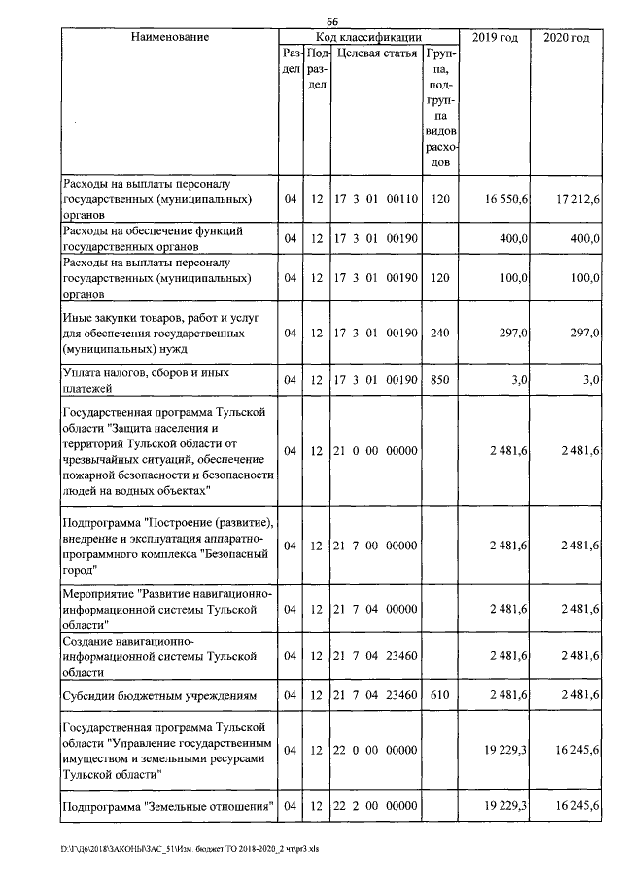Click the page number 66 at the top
[x=331, y=21]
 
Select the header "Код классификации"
[x=368, y=37]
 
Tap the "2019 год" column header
[x=495, y=37]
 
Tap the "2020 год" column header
[x=567, y=37]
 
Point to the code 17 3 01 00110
[x=376, y=199]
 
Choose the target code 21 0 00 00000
[x=376, y=451]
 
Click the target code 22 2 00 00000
[x=376, y=806]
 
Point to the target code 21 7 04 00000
[x=376, y=609]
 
